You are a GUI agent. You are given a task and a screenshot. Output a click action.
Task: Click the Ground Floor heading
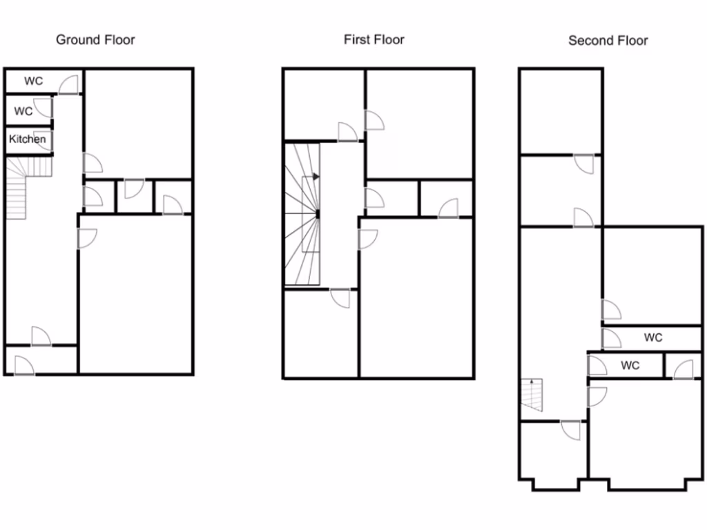(95, 39)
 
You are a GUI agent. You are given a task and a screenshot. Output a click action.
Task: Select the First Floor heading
(374, 39)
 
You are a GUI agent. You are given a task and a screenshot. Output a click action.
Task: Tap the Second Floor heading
(608, 40)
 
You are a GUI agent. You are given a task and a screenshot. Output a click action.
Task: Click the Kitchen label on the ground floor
(28, 139)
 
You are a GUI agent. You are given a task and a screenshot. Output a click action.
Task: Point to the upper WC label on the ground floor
(33, 81)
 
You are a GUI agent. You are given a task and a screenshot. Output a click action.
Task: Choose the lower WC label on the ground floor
(23, 111)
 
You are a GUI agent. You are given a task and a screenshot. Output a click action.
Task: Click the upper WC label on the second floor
(653, 337)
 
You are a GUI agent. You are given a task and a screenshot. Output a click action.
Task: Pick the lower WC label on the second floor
(630, 365)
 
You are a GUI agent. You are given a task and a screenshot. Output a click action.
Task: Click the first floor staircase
(303, 214)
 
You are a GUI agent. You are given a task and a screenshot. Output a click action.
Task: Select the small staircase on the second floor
(532, 395)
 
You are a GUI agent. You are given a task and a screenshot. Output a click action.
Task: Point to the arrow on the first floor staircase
(316, 177)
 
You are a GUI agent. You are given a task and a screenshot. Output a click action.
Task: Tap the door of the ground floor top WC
(68, 85)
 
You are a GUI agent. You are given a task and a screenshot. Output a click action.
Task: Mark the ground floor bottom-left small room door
(23, 365)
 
